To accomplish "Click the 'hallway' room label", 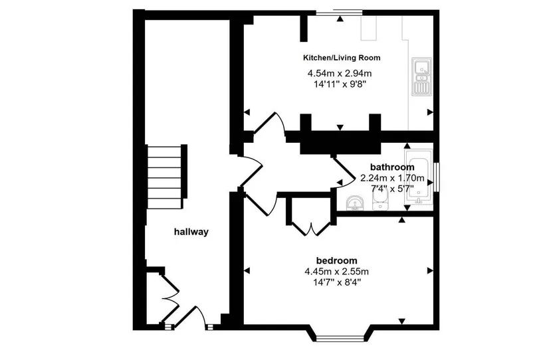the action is (x=191, y=232).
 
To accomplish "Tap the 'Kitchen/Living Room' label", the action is (x=342, y=58).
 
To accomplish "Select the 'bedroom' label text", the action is (x=337, y=260).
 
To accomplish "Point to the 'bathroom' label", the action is (x=392, y=167).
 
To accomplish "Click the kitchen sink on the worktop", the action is (x=421, y=76).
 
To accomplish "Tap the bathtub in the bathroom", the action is (x=419, y=177).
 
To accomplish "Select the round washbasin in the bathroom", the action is (x=354, y=203).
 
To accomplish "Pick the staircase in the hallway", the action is (x=167, y=177).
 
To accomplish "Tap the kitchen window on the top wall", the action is (x=339, y=13).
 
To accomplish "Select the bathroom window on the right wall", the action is (x=437, y=177).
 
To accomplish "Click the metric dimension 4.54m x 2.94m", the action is (x=340, y=74).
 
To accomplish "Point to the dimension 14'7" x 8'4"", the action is (x=337, y=283).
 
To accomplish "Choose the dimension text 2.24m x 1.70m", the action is (x=392, y=179).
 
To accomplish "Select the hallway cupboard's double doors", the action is (x=170, y=298).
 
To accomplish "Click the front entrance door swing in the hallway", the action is (x=191, y=315).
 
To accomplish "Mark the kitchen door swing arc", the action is (x=270, y=122).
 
